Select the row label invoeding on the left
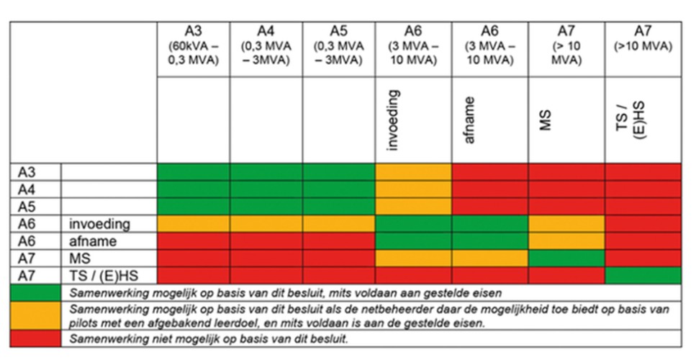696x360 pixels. click(100, 224)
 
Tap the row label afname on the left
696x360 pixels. click(94, 241)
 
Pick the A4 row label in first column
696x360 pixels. click(26, 189)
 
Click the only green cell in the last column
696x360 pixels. click(643, 275)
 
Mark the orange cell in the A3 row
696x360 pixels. click(413, 172)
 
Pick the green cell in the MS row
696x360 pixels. click(566, 258)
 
